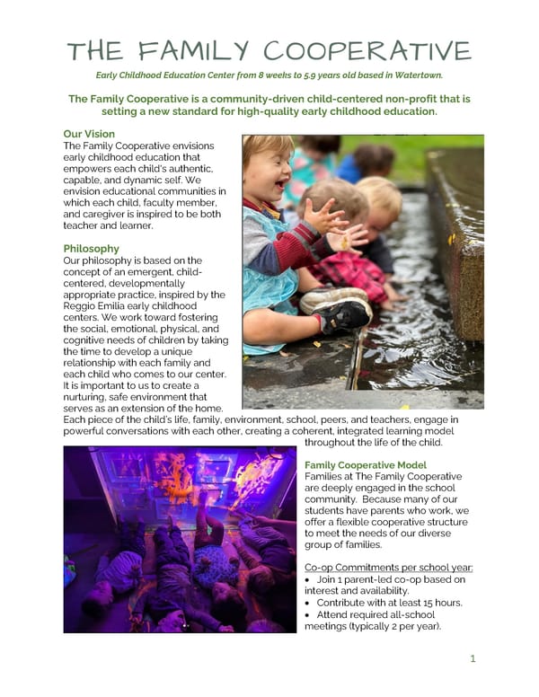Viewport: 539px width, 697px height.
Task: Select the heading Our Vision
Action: tap(89, 134)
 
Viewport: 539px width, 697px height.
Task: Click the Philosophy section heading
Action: tap(91, 248)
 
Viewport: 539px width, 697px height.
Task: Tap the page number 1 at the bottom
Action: tap(473, 658)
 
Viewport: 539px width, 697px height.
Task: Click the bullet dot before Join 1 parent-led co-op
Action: tap(309, 579)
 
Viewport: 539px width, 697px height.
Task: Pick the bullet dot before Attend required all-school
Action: tap(309, 613)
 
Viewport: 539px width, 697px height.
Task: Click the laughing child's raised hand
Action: tap(321, 216)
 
